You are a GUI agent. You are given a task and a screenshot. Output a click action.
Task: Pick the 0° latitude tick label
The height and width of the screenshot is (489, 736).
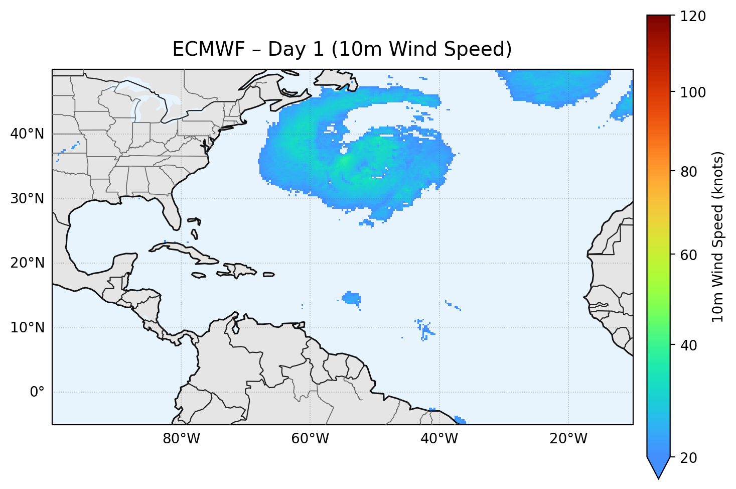coord(37,392)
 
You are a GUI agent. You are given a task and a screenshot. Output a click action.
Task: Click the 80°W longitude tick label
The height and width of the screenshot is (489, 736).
coord(181,438)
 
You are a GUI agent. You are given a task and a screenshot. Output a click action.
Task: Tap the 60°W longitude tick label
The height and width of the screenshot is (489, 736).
coord(310,438)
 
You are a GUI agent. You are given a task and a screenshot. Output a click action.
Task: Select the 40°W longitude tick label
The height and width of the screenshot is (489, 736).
coord(439,438)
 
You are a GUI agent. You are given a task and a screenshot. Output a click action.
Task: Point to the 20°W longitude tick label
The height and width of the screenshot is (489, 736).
coord(568,438)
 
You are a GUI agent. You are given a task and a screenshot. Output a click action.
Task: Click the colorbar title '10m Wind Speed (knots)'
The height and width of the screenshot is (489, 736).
coord(718,236)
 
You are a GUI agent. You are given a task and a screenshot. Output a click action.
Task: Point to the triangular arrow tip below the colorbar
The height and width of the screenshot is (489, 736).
coord(658,470)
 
